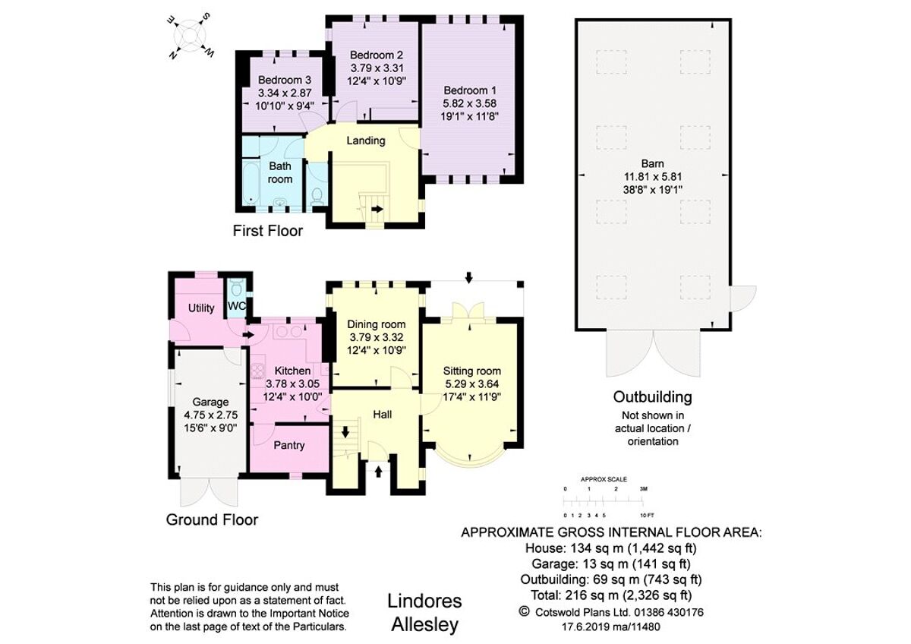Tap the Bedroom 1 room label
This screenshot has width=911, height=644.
(471, 88)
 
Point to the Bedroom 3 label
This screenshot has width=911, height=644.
(284, 80)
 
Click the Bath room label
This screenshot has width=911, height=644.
(279, 172)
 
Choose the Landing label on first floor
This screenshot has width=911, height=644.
(366, 140)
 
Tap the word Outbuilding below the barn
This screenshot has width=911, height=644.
(653, 397)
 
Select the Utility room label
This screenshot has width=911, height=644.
(201, 308)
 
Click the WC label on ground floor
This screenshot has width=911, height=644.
(237, 307)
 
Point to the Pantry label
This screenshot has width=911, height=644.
(288, 445)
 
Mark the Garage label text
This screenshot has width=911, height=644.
(210, 402)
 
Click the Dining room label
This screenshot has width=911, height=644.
(377, 324)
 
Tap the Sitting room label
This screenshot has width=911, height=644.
(471, 371)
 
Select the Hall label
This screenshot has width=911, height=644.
(382, 415)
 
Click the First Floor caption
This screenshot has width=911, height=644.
(267, 231)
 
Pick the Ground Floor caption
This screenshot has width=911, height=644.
(212, 520)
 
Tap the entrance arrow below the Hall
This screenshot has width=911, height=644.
(378, 472)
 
